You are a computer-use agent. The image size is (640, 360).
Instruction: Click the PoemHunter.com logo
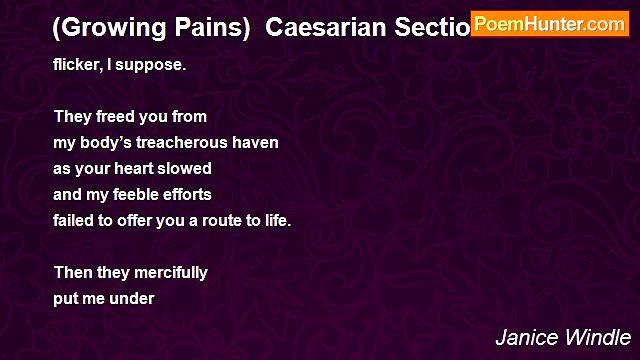click(550, 23)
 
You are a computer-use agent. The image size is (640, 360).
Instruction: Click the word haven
click(255, 142)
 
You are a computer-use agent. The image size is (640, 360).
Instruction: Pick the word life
click(276, 220)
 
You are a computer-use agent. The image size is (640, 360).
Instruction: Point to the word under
click(133, 298)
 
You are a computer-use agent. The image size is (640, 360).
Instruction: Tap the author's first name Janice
click(521, 337)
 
